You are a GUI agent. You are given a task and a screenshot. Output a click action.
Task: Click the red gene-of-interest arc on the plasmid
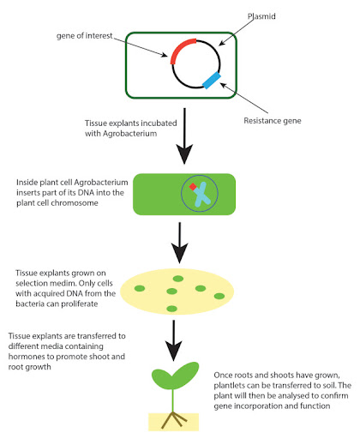179,47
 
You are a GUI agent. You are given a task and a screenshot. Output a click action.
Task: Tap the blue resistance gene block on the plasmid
212,81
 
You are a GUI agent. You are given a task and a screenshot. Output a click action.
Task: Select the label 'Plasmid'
261,16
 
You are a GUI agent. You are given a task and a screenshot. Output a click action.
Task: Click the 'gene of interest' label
85,36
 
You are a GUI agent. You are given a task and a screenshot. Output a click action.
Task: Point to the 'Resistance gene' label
273,121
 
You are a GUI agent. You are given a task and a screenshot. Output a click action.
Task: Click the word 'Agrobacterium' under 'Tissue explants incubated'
129,134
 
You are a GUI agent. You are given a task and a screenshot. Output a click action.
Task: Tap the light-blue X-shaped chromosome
201,195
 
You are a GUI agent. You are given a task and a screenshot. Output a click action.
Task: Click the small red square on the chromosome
193,187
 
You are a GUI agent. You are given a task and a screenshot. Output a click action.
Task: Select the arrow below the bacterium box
184,136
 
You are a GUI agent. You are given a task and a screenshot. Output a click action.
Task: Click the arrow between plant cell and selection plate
180,243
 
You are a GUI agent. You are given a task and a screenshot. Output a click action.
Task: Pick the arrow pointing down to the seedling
174,340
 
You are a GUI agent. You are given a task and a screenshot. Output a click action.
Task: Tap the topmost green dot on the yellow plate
178,279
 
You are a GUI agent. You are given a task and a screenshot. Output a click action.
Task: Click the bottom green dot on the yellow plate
171,309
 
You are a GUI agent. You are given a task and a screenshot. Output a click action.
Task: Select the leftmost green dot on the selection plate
140,288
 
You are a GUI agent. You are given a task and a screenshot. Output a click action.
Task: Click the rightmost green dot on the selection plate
219,296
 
